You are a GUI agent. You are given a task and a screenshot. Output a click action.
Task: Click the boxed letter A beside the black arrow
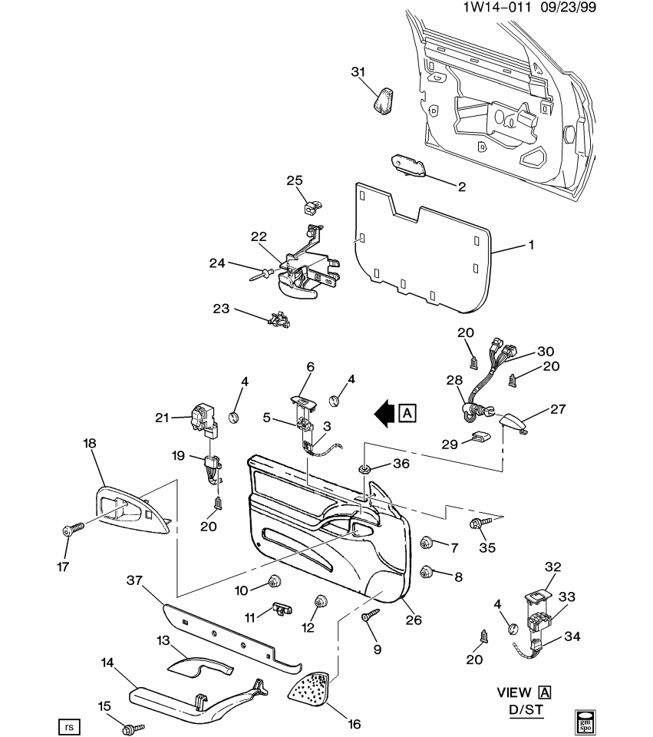point(407,413)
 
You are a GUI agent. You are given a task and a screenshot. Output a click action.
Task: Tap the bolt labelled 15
point(137,725)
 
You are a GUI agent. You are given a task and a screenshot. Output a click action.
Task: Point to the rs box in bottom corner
point(69,725)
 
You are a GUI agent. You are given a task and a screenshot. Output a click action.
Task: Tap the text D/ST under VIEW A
point(526,711)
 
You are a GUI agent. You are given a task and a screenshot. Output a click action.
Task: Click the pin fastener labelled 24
point(262,273)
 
